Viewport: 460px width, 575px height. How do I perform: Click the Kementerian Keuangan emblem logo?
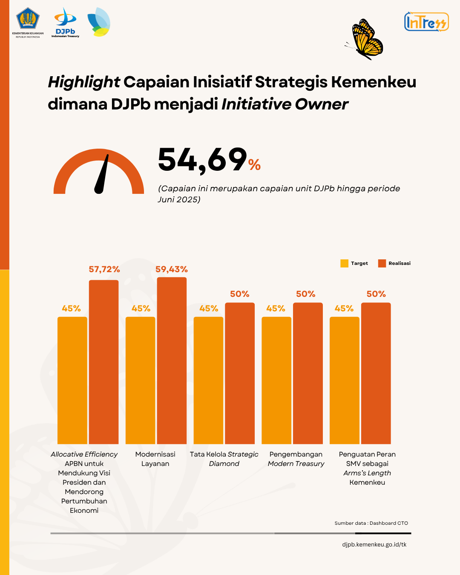[x=28, y=20]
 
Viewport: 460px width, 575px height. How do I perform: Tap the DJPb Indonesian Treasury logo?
[x=65, y=22]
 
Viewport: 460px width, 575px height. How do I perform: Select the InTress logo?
[x=426, y=22]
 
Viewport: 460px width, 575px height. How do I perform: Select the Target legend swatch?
[x=344, y=263]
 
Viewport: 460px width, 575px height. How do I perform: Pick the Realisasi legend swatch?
[x=382, y=263]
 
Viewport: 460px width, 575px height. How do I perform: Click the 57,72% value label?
[x=104, y=269]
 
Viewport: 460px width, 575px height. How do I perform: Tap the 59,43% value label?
[x=171, y=269]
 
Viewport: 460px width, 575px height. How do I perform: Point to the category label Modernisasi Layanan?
[x=155, y=459]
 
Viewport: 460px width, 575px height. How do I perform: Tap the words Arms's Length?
[x=367, y=473]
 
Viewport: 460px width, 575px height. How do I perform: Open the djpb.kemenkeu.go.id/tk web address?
[x=374, y=544]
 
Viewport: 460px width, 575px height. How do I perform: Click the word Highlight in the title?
[x=84, y=82]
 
